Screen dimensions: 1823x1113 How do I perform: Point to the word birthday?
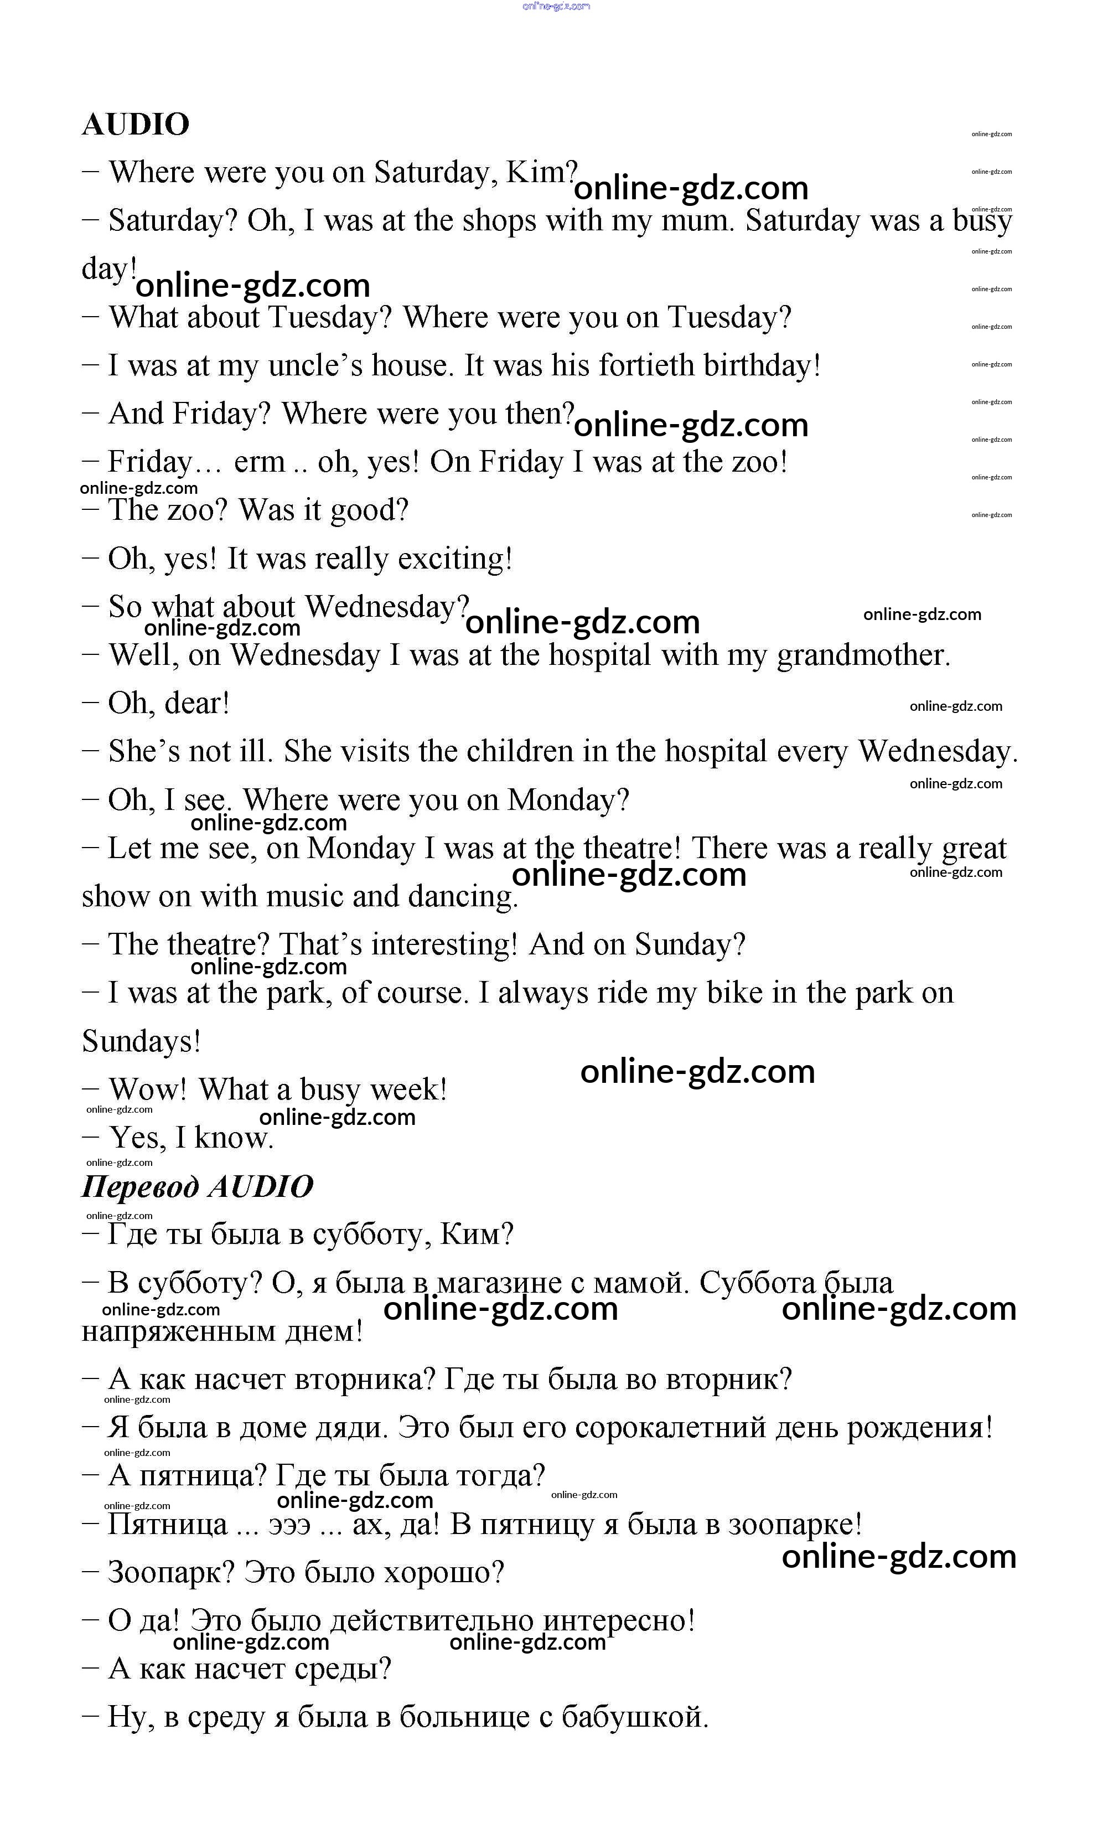761,365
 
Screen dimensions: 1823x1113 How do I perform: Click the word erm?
259,462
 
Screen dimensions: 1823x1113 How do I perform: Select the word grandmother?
862,655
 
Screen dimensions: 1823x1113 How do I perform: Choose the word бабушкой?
634,1717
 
